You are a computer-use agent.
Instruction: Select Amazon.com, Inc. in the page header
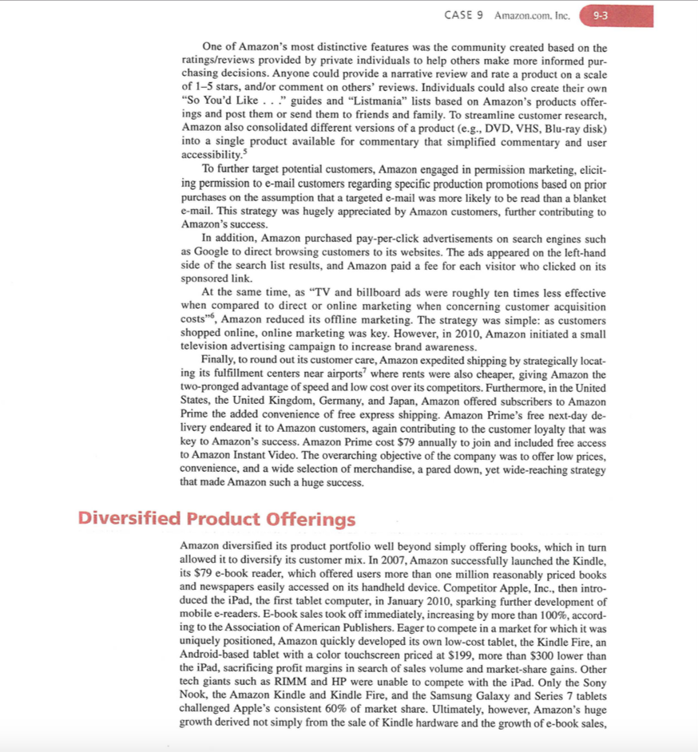pyautogui.click(x=532, y=16)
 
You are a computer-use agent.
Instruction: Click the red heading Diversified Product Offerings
pyautogui.click(x=216, y=519)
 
